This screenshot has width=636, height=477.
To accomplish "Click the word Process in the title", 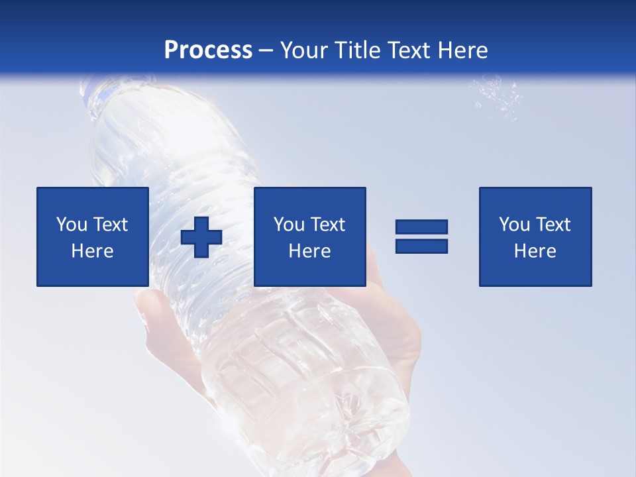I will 208,50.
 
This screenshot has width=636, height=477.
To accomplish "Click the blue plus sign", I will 201,237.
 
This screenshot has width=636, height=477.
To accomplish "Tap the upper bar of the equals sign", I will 421,227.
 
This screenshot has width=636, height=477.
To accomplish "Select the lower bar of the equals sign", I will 421,246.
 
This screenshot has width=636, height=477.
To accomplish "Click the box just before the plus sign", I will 93,237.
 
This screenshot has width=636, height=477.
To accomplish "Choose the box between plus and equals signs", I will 310,237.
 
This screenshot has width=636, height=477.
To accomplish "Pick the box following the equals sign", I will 535,237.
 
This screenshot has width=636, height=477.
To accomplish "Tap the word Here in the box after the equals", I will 535,250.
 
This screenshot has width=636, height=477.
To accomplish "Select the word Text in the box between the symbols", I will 327,224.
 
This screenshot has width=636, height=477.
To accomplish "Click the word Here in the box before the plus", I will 93,250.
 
